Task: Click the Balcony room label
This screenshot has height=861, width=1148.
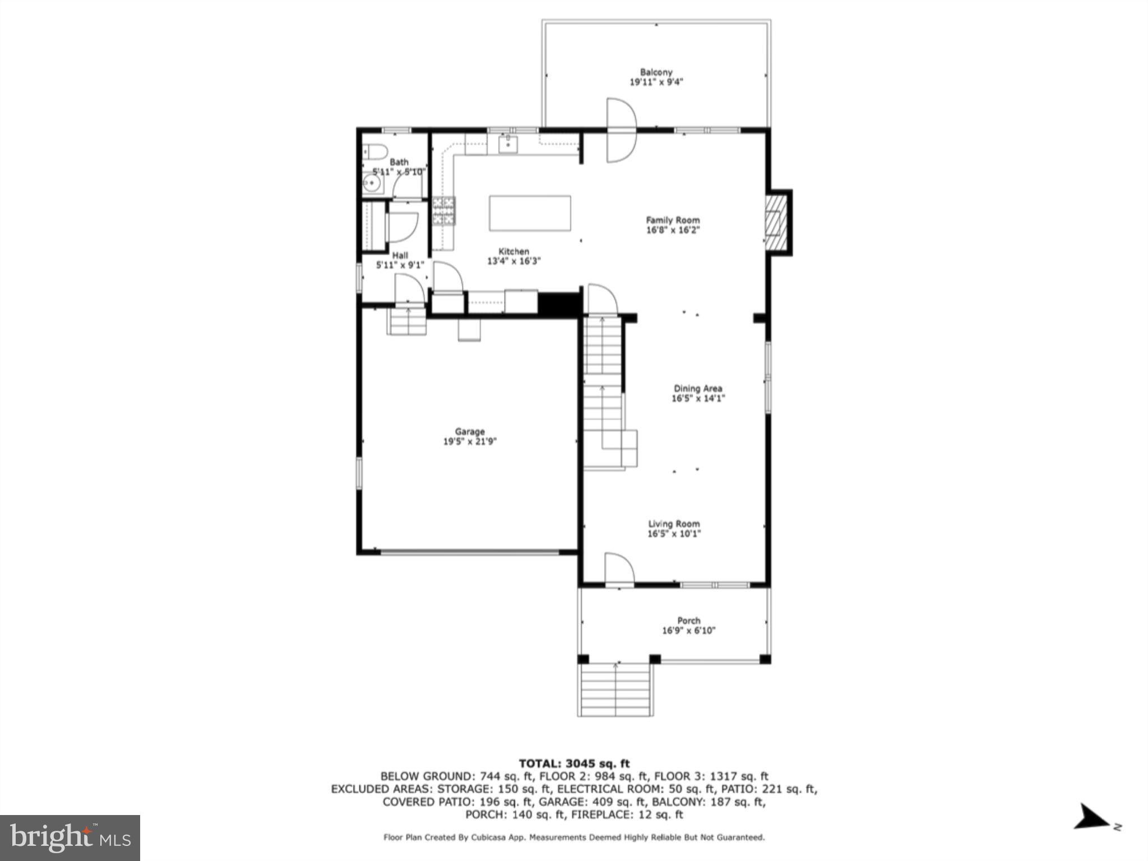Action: pos(656,72)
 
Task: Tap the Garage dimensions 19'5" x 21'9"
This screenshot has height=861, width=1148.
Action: pos(470,442)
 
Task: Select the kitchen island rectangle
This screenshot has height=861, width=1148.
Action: pos(530,213)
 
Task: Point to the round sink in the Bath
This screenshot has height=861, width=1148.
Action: pos(371,183)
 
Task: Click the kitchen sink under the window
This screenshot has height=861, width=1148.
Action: pos(508,145)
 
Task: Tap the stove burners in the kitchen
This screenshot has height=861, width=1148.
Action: pos(443,211)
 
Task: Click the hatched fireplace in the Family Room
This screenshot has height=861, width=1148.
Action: pos(777,222)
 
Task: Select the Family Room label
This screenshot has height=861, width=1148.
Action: pos(673,220)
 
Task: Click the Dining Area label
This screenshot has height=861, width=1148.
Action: pos(698,388)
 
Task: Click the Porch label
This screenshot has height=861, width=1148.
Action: pos(688,621)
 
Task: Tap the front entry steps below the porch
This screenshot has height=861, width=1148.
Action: pos(615,689)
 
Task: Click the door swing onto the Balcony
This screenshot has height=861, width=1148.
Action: pos(622,130)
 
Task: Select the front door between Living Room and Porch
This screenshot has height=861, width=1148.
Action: pos(619,569)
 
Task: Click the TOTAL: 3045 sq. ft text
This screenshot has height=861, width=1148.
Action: pos(574,763)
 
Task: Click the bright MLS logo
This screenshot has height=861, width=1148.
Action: pos(70,838)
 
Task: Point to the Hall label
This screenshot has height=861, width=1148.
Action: pos(400,256)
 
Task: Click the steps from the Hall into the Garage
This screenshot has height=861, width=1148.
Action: pos(408,322)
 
